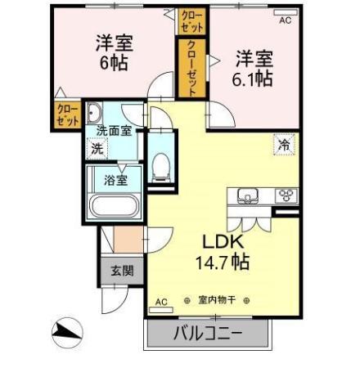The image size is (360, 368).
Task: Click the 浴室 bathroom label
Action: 115,179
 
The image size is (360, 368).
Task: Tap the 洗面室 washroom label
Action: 113,129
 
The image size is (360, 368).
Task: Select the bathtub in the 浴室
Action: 114,207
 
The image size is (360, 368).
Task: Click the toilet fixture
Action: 161,167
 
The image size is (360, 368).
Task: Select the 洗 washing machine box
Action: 97,149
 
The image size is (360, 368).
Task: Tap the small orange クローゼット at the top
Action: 189,20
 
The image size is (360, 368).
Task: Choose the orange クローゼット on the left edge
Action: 65,114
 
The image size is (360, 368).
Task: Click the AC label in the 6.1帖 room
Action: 286,21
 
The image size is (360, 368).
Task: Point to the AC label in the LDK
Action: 160,302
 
